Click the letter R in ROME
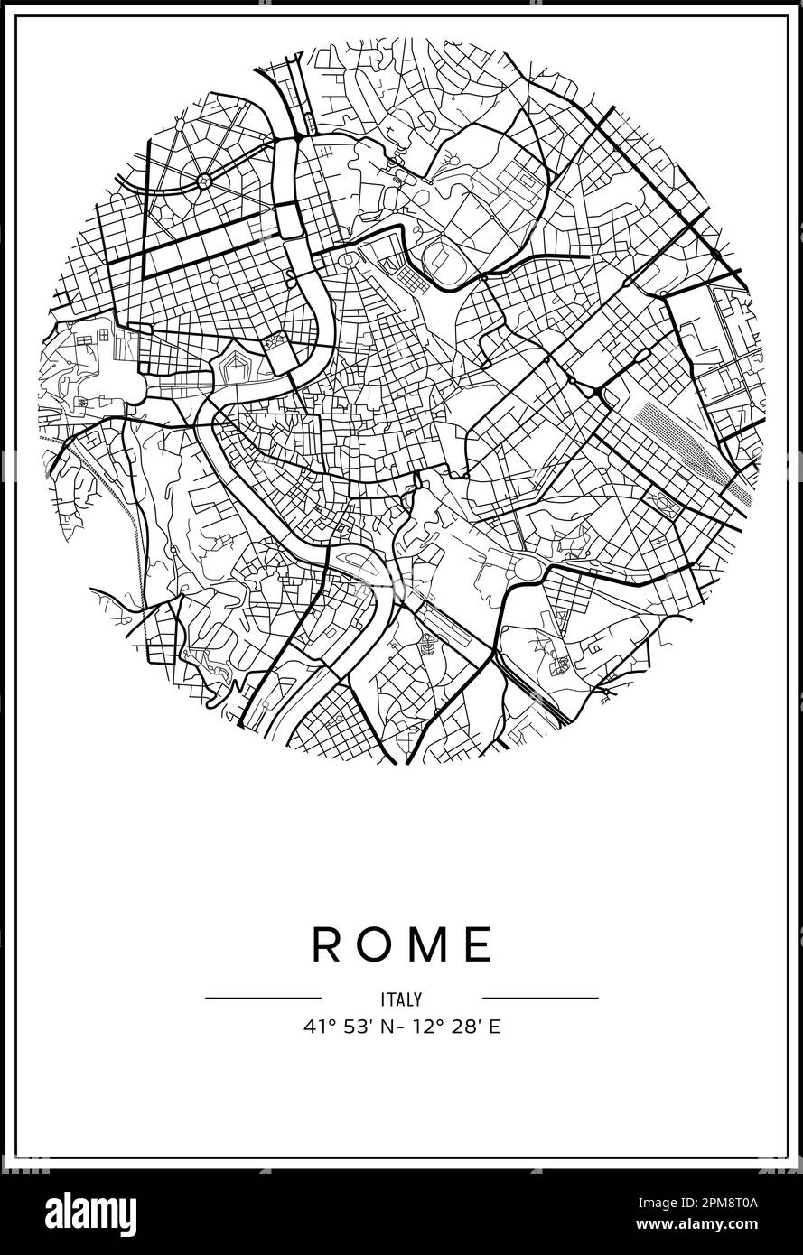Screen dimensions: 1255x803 pos(327,944)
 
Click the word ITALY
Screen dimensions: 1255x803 pos(401,999)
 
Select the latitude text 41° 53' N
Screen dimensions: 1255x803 pos(343,1027)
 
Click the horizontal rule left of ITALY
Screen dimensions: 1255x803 pos(263,999)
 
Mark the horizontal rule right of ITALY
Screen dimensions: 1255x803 pos(540,999)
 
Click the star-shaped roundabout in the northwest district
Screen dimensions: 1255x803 pos(204,181)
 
